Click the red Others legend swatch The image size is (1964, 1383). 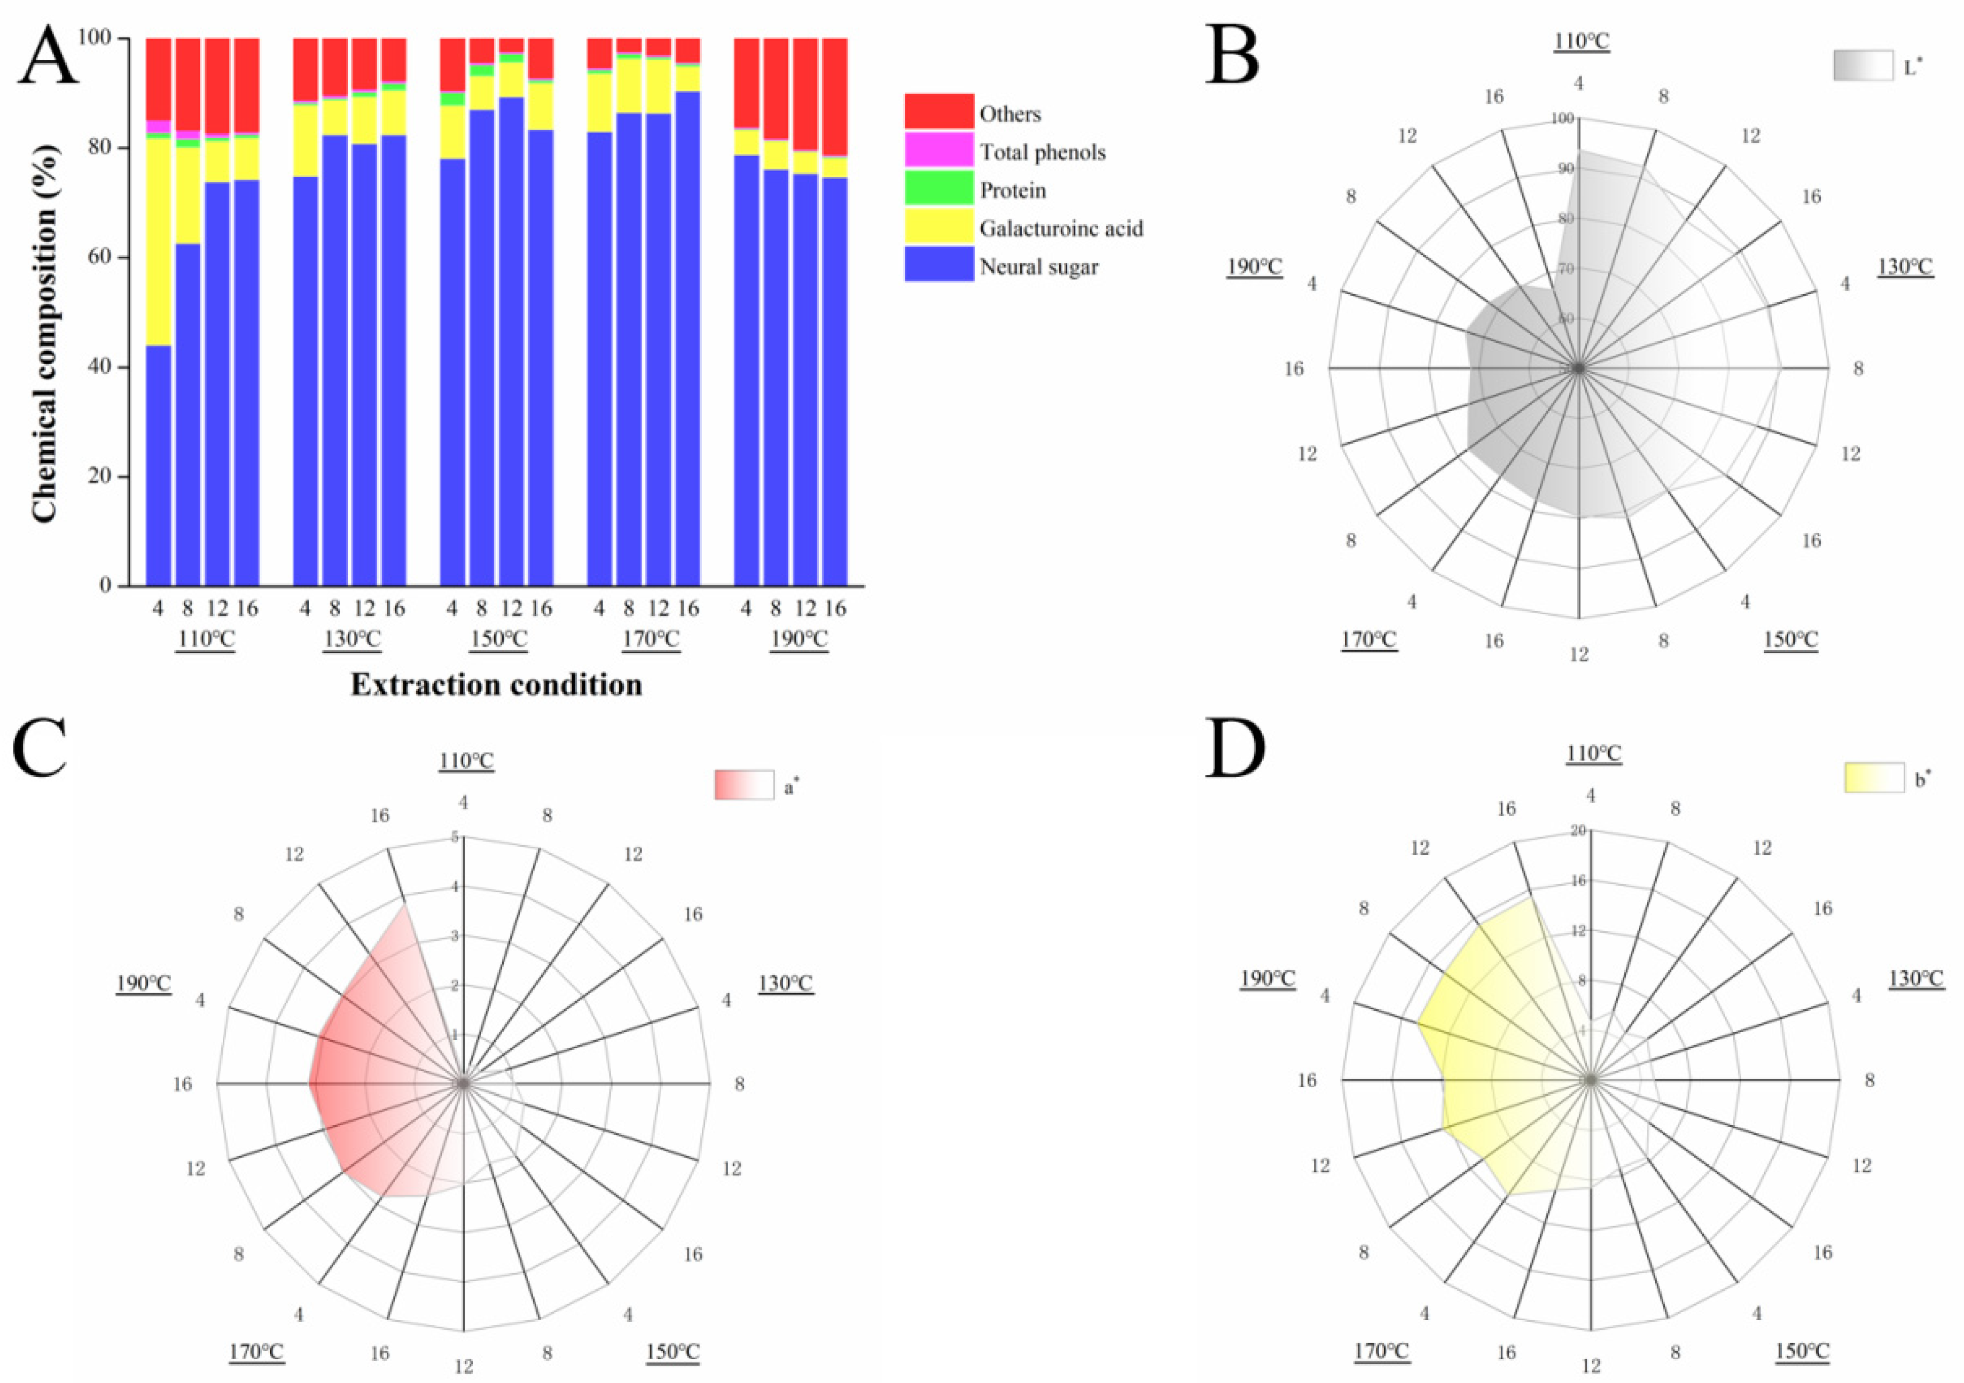938,112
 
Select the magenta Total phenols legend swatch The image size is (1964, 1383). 938,150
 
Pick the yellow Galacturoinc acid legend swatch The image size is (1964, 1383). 938,227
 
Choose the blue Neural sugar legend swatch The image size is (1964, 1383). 938,265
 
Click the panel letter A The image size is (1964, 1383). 49,56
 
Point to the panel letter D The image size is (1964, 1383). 1234,749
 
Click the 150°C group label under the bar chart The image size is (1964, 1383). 499,639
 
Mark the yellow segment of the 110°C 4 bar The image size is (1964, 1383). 158,242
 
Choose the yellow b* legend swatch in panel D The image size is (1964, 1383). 1873,778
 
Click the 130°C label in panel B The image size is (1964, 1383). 1904,267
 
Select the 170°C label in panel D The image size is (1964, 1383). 1381,1351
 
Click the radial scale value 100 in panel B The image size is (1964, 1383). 1562,119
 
